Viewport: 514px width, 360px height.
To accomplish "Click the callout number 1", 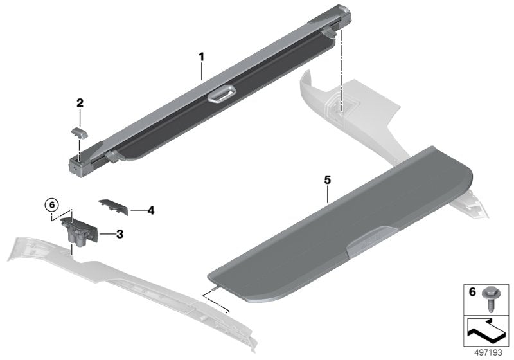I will [201, 57].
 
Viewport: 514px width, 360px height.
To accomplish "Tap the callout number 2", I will [80, 102].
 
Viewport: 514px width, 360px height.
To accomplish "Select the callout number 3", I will [120, 234].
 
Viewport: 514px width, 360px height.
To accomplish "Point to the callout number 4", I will [150, 210].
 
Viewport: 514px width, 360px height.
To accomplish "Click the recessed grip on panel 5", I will [372, 244].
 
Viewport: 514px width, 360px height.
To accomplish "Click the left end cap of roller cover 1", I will [78, 165].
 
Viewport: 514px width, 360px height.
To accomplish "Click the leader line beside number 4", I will [137, 210].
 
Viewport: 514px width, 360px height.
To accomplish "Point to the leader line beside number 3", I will [107, 234].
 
